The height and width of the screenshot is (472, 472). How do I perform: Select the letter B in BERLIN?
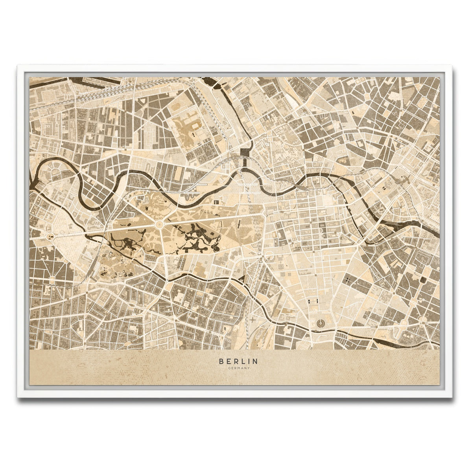click(x=221, y=361)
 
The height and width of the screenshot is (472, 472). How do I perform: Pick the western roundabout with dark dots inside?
click(x=50, y=237)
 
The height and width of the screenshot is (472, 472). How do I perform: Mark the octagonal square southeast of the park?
click(x=261, y=260)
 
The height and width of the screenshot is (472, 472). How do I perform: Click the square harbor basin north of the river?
click(x=246, y=151)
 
